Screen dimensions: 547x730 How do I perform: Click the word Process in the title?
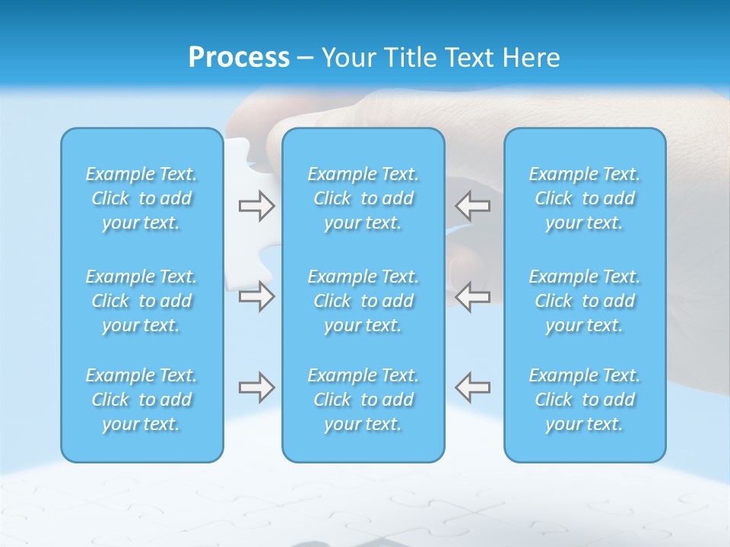pos(239,58)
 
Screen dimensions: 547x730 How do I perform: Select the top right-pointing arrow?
pos(256,206)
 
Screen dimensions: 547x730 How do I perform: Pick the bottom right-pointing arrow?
pos(256,387)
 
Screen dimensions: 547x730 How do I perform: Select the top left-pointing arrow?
pos(473,206)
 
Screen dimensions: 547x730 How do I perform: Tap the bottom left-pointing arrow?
pos(473,387)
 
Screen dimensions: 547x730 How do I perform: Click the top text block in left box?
pos(141,198)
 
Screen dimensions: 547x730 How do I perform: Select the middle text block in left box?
pos(141,301)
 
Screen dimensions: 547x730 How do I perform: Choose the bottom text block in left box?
pos(141,400)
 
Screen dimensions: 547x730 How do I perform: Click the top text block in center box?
pos(363,198)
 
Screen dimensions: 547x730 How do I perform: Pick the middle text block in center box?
pos(363,301)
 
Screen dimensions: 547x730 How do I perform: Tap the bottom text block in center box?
pos(363,400)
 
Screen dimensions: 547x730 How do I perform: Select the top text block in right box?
pos(585,198)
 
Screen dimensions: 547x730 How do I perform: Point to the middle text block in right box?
pos(585,301)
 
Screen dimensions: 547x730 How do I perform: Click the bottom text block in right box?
pos(585,400)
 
